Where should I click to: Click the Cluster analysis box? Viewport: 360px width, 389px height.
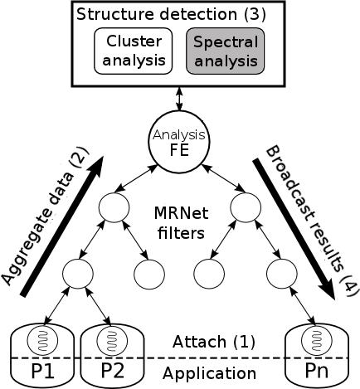134,51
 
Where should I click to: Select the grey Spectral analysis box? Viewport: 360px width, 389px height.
226,51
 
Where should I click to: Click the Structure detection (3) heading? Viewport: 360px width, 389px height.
171,14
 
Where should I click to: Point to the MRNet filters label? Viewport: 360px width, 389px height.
181,223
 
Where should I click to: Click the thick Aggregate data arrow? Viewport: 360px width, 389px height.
61,226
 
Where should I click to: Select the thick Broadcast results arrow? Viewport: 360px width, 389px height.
294,230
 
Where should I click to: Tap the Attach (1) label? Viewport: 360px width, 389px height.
214,342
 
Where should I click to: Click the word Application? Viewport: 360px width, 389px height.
209,374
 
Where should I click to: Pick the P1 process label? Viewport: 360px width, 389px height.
42,371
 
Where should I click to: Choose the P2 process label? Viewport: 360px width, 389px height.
112,371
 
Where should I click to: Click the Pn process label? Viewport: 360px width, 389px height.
317,371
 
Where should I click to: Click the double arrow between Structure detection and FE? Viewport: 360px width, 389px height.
179,99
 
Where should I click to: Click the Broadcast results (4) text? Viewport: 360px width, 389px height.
313,221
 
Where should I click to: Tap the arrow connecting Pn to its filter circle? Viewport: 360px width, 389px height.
303,306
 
